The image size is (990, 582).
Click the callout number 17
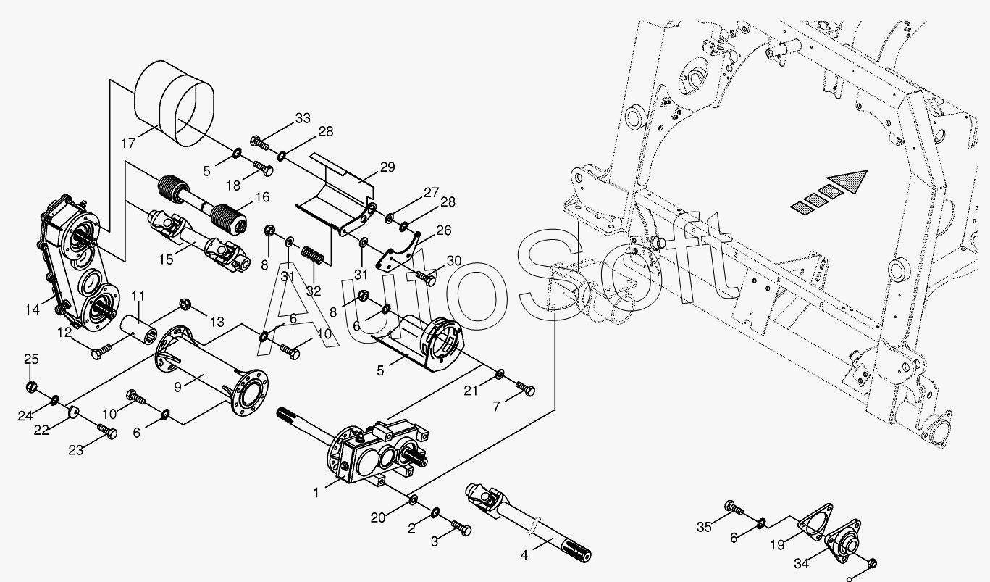click(x=128, y=143)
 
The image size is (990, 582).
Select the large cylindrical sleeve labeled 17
click(x=177, y=101)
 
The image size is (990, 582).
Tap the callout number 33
click(x=302, y=118)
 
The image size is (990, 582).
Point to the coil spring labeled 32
click(x=313, y=257)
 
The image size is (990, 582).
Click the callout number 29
click(x=387, y=167)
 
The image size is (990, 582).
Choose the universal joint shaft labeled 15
click(x=195, y=238)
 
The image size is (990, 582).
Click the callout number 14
click(x=32, y=309)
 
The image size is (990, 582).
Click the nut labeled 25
click(x=31, y=386)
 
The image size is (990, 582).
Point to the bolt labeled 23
click(x=107, y=433)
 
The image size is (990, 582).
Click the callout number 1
click(x=316, y=493)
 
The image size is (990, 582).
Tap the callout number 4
click(x=525, y=557)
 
